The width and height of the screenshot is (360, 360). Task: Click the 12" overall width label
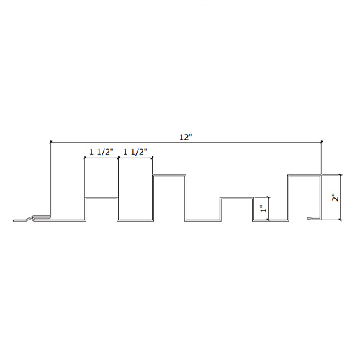pos(186,138)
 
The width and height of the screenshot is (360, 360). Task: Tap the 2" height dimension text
pos(336,197)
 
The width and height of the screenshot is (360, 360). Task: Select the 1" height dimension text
pos(264,209)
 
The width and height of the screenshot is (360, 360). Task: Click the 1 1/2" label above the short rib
pos(101,152)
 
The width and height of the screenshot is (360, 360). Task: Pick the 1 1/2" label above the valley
pos(135,152)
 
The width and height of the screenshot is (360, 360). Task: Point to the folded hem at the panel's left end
pos(41,218)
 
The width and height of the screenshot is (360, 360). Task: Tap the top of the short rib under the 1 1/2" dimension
pos(102,198)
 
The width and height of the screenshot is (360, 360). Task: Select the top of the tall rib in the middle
pos(169,175)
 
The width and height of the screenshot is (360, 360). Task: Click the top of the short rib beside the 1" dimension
pos(237,198)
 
